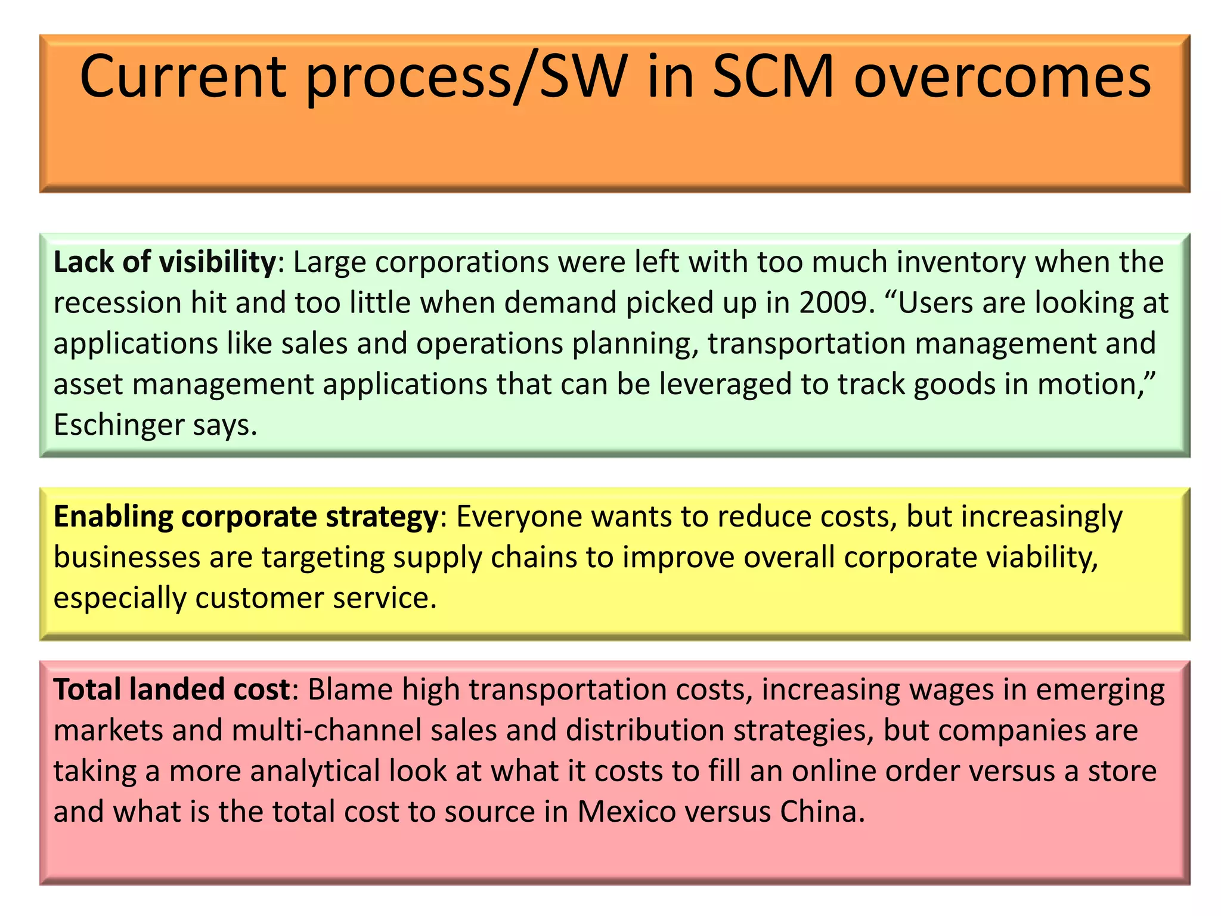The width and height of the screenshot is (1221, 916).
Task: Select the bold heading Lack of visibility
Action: coord(165,262)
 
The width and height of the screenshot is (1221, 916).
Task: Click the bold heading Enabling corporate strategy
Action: coord(246,516)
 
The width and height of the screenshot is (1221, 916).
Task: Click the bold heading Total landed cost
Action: coord(172,689)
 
